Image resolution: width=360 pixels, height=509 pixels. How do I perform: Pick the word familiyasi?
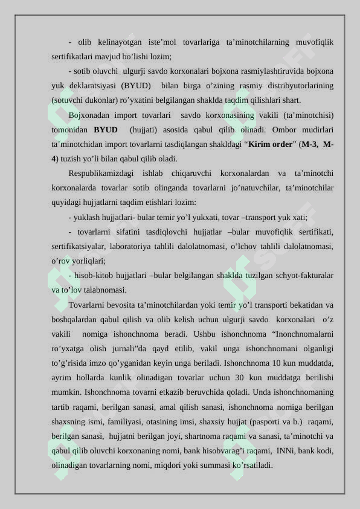click(x=124, y=421)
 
